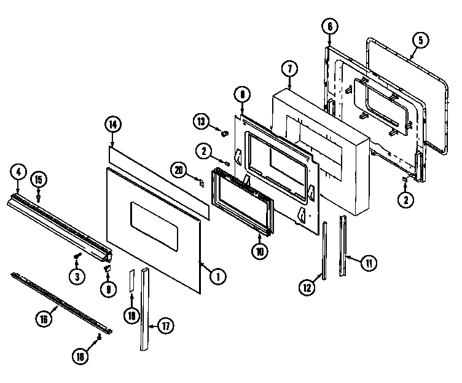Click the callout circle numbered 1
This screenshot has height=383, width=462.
click(x=216, y=277)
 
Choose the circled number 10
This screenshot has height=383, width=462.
click(x=259, y=250)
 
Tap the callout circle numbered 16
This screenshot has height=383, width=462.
click(x=42, y=318)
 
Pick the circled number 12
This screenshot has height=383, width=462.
click(x=307, y=286)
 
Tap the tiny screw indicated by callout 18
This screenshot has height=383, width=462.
click(x=98, y=337)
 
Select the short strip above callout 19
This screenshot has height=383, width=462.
click(x=131, y=282)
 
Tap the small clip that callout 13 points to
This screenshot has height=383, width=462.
click(x=225, y=131)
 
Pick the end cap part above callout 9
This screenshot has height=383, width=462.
click(x=107, y=267)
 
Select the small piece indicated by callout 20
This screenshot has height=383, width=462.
click(x=200, y=181)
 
